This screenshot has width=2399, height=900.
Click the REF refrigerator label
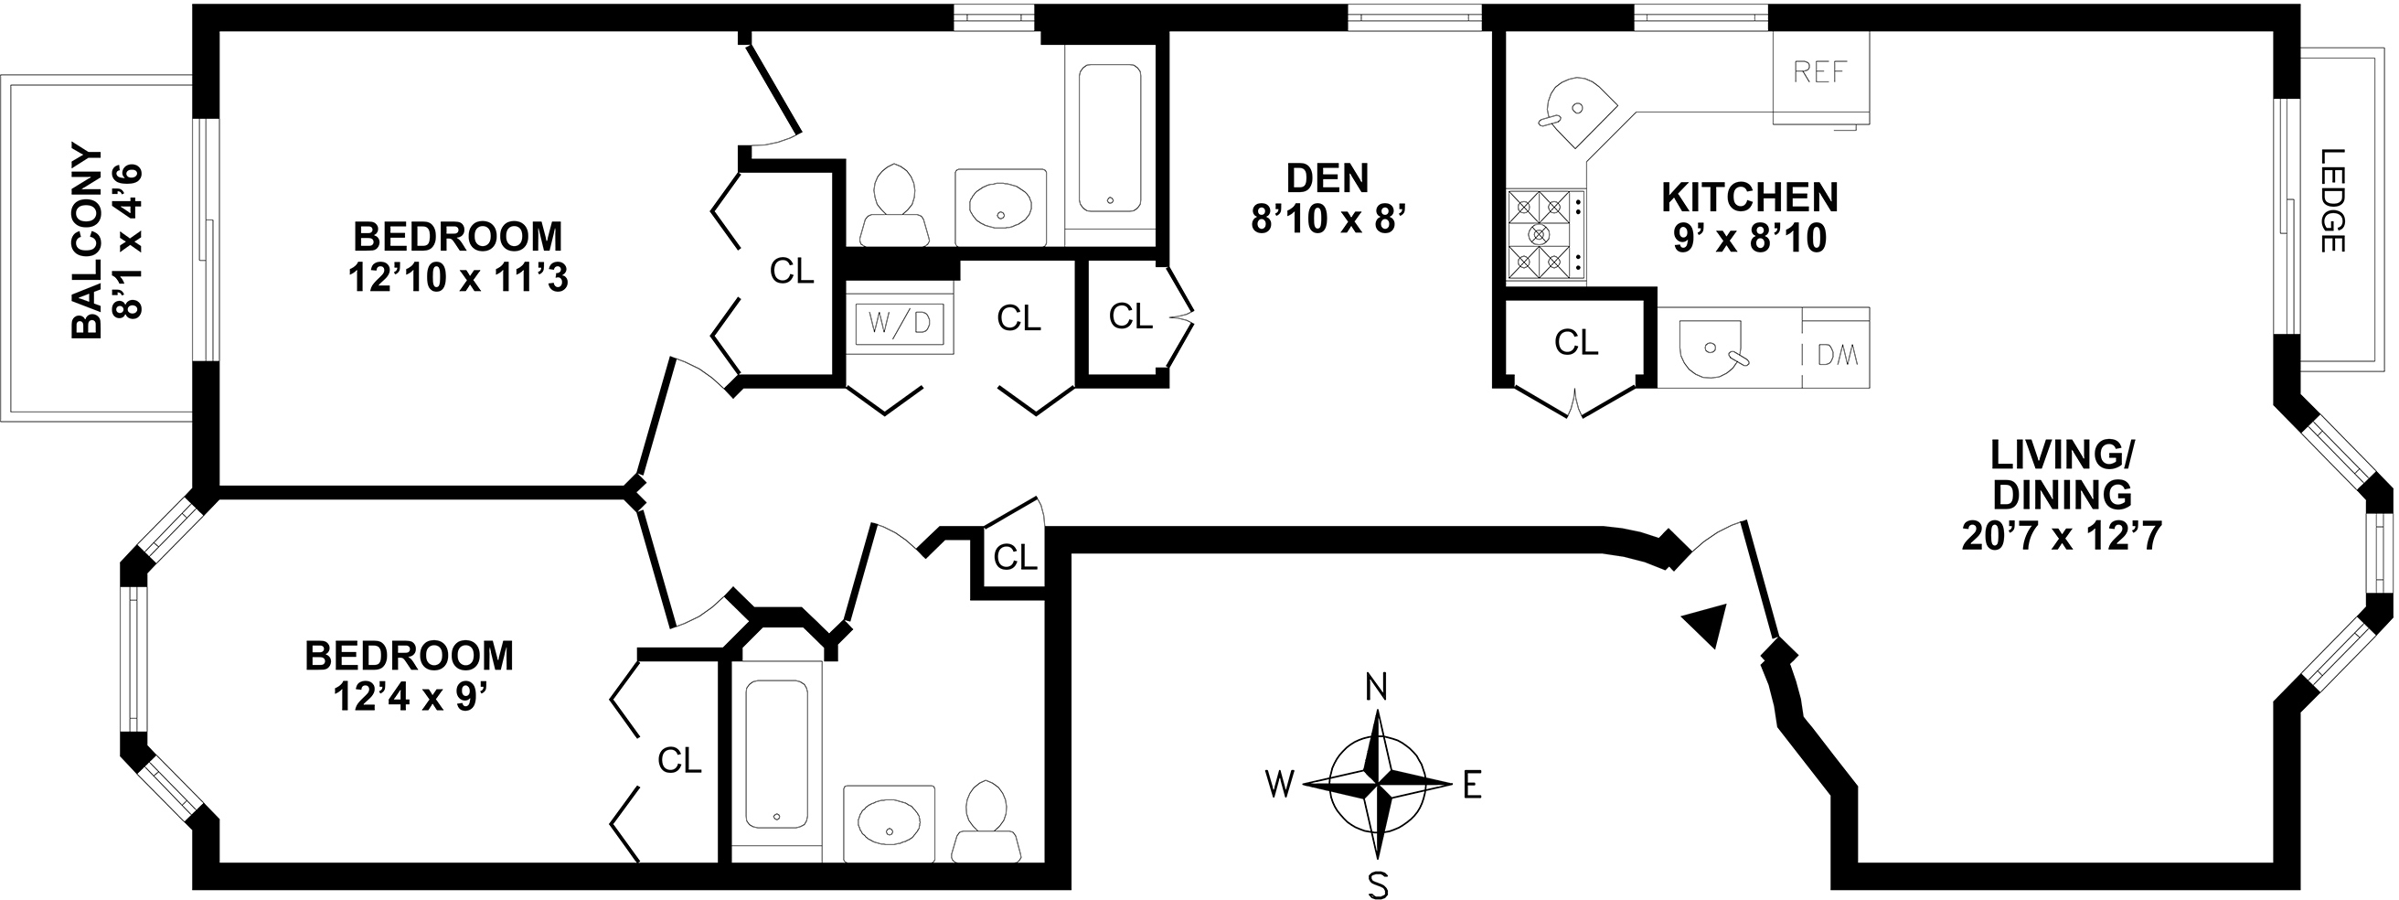(x=1818, y=72)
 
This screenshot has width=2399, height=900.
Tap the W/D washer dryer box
(x=900, y=323)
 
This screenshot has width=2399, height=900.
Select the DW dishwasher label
(x=1839, y=355)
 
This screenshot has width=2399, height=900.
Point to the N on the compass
(x=1376, y=688)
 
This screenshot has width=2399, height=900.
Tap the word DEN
(x=1327, y=177)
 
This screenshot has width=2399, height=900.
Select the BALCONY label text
(x=87, y=241)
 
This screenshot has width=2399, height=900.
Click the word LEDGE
(x=2331, y=201)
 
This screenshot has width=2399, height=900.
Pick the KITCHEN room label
(x=1750, y=198)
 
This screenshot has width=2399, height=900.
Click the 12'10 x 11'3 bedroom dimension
(x=458, y=278)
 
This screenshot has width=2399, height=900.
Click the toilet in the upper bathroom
(x=894, y=205)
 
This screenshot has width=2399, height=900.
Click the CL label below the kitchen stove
(x=1576, y=343)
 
